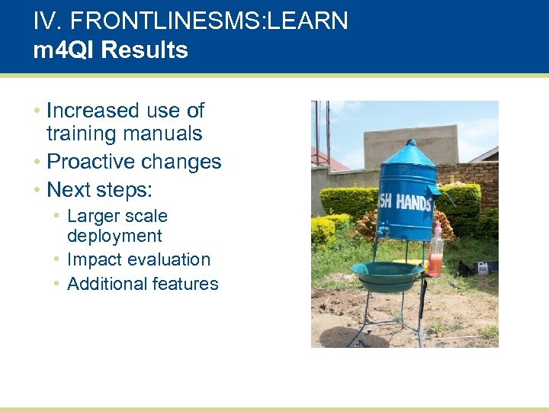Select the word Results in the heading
point(144,50)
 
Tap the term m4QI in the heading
point(64,50)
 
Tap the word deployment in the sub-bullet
point(114,237)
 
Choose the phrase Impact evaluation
point(138,259)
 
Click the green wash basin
point(388,275)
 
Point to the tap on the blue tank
point(384,228)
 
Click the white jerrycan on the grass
point(483,267)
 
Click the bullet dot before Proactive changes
point(37,162)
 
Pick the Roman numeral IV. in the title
point(44,21)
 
